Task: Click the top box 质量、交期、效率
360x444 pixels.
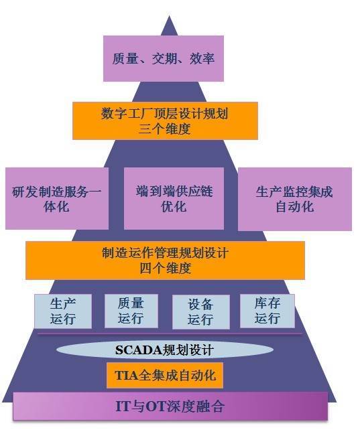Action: coord(164,58)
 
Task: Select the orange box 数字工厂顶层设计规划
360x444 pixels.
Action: coord(165,121)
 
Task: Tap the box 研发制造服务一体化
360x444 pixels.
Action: coord(57,198)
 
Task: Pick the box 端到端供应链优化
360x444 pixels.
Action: coord(174,198)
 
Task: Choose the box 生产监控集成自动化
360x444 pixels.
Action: coord(295,199)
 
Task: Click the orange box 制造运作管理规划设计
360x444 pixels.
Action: coord(166,261)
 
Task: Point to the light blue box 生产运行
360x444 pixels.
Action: coord(63,311)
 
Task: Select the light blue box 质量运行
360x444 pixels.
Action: coord(131,311)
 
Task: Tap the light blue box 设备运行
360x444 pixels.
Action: coord(200,312)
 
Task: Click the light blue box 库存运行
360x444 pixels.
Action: coord(267,311)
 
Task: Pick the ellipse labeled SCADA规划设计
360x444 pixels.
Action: coord(165,350)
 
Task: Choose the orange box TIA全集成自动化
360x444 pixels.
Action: coord(165,376)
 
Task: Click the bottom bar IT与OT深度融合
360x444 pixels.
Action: coord(170,406)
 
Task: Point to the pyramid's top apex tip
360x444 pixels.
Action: coord(169,16)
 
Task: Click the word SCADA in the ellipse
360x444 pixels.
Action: coord(138,350)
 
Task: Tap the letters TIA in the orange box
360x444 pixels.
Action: coord(127,376)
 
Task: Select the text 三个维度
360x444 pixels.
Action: coord(164,129)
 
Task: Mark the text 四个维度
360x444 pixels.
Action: coord(166,268)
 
